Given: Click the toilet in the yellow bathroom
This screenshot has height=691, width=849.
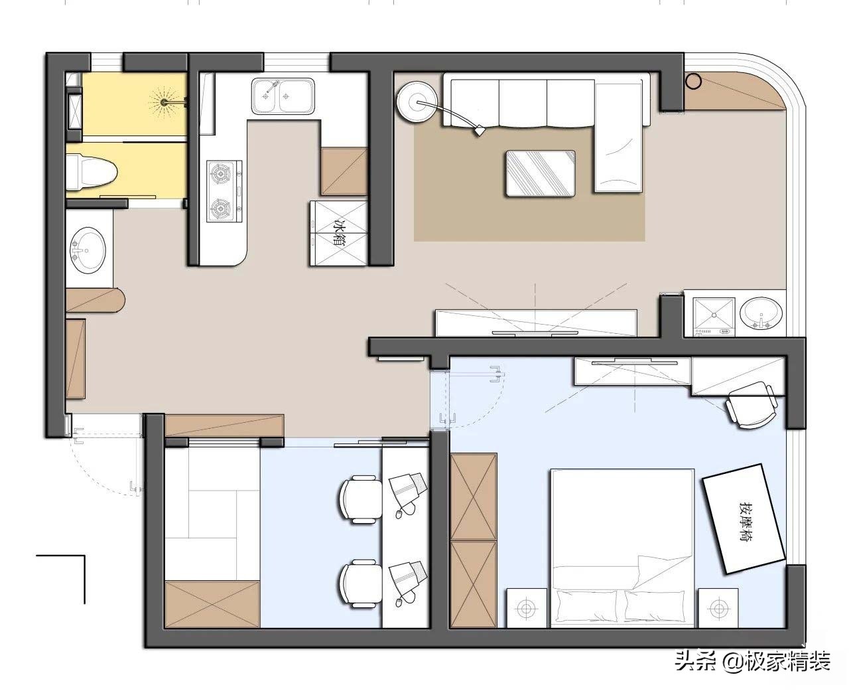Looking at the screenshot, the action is click(91, 172).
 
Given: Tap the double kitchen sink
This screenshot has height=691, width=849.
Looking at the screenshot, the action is click(283, 96).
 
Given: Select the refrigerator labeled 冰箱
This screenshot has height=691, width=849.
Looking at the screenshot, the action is click(339, 233).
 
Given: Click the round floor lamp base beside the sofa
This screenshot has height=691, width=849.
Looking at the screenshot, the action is click(417, 102).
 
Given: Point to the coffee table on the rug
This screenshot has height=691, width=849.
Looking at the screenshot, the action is click(541, 173).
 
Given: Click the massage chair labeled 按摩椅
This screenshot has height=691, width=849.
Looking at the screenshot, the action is click(744, 518).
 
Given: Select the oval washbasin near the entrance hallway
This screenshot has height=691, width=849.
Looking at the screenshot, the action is click(88, 250).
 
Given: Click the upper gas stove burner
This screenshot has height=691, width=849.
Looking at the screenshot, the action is click(220, 173).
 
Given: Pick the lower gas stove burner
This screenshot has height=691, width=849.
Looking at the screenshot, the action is click(220, 208).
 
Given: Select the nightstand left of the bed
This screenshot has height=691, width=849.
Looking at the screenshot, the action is click(527, 608).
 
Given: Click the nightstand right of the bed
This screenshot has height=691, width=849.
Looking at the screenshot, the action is click(718, 608).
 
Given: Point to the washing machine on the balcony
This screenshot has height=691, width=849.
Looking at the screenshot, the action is click(714, 316).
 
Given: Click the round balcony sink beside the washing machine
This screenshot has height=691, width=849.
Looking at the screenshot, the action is click(761, 313).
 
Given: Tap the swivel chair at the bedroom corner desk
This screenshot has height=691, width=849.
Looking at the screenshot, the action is click(750, 405).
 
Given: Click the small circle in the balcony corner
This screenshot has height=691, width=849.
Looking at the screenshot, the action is click(694, 81).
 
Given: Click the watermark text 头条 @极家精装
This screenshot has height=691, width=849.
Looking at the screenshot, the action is click(753, 662).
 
